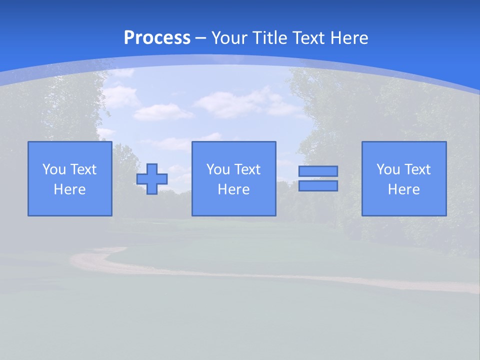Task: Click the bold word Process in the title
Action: [157, 37]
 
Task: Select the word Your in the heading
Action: [227, 38]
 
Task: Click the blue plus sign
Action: [152, 178]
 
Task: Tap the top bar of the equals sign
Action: [318, 171]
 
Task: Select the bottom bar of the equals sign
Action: [318, 186]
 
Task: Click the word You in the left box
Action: [54, 169]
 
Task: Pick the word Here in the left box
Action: [69, 189]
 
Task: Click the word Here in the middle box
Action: [233, 189]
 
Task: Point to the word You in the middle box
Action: [218, 169]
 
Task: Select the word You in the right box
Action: [388, 169]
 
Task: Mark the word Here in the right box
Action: [403, 189]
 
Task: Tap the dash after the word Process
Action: [201, 38]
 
